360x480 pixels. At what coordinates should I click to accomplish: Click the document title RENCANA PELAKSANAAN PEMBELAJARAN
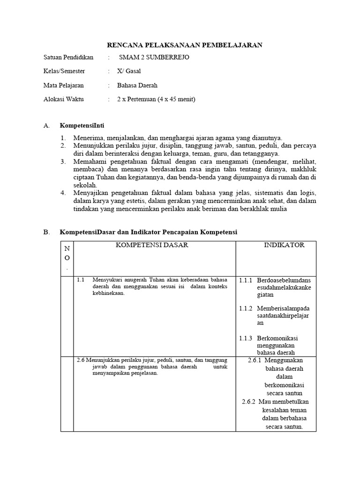tap(185, 45)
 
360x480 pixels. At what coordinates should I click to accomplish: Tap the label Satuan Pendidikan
tap(68, 58)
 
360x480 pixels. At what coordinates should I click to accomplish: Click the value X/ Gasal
tap(129, 71)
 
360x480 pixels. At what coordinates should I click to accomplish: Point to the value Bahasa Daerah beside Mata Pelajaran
tap(137, 85)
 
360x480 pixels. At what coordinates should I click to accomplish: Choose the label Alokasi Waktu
tap(63, 99)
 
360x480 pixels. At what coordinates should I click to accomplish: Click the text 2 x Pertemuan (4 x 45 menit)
tap(156, 99)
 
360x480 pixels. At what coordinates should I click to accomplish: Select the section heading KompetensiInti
tap(82, 126)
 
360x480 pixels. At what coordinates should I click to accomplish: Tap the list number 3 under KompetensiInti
tap(63, 161)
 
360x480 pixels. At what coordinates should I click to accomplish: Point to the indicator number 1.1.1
tap(246, 280)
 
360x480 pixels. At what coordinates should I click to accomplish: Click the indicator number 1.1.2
tap(246, 308)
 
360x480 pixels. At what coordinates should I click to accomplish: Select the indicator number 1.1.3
tap(246, 338)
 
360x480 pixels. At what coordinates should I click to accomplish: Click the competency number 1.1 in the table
tap(80, 280)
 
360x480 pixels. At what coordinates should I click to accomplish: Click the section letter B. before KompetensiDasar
tap(46, 232)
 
